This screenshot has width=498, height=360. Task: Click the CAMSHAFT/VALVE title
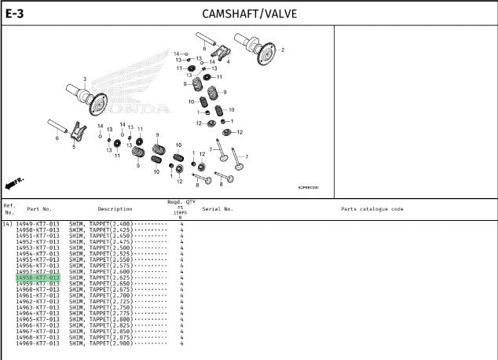tap(249, 13)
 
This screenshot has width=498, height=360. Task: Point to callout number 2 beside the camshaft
tap(283, 50)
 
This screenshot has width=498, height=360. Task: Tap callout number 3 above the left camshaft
tap(85, 79)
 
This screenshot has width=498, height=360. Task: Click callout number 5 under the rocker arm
tap(74, 146)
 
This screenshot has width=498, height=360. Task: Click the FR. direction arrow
tap(15, 182)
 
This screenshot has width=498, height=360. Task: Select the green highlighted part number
tap(38, 278)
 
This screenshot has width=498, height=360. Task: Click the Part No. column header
tap(39, 209)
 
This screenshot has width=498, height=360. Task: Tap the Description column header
tap(115, 209)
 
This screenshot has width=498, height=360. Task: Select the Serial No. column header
tap(218, 209)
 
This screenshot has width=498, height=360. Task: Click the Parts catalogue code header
tap(372, 209)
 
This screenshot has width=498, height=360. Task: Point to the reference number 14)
tap(8, 225)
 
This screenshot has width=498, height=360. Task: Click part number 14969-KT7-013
tap(38, 343)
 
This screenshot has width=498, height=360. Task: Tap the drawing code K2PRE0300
tap(308, 188)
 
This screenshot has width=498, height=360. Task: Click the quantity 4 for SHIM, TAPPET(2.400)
tap(181, 225)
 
